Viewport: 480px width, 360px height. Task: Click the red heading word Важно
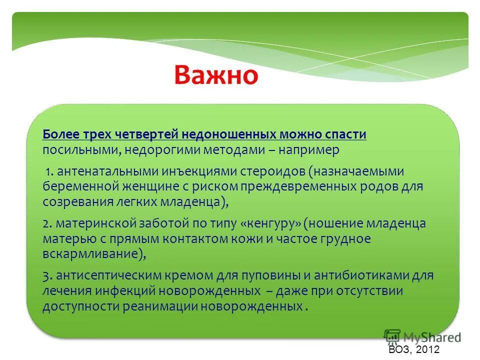pyautogui.click(x=216, y=75)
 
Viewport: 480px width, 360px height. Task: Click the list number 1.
pyautogui.click(x=48, y=171)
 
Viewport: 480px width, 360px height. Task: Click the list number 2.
pyautogui.click(x=45, y=223)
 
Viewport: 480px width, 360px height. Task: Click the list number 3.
pyautogui.click(x=45, y=275)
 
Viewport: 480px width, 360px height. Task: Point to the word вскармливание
pyautogui.click(x=90, y=253)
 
